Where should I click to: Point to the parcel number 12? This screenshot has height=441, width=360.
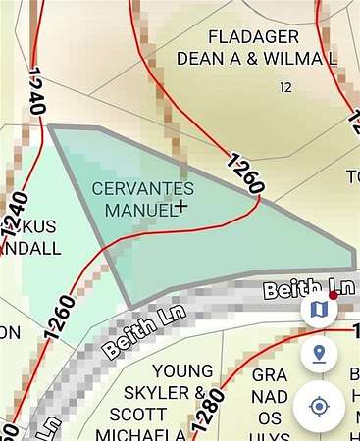[x=285, y=88]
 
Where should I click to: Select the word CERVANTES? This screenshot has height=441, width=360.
[x=142, y=188]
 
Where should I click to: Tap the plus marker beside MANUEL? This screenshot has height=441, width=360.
[x=181, y=207]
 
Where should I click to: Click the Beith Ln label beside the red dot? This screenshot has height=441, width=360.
[x=292, y=289]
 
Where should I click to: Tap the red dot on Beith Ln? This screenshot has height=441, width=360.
[x=334, y=294]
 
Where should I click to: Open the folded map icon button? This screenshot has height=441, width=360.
[x=319, y=311]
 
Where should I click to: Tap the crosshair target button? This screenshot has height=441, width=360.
[x=319, y=406]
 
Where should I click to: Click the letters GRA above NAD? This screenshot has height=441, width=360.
[x=270, y=375]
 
